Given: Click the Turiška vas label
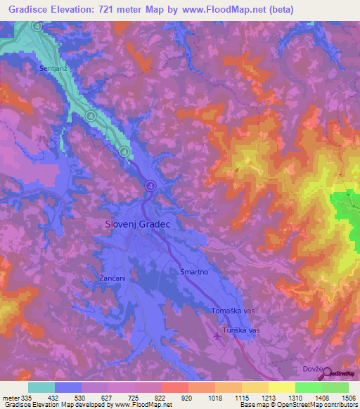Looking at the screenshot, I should click(x=242, y=329).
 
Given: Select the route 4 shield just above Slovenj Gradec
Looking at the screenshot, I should click(x=150, y=186).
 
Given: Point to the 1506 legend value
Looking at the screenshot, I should click(x=349, y=397).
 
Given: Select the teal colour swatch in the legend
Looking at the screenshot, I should click(x=41, y=387).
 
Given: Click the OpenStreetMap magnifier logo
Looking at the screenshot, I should click(x=326, y=373).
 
